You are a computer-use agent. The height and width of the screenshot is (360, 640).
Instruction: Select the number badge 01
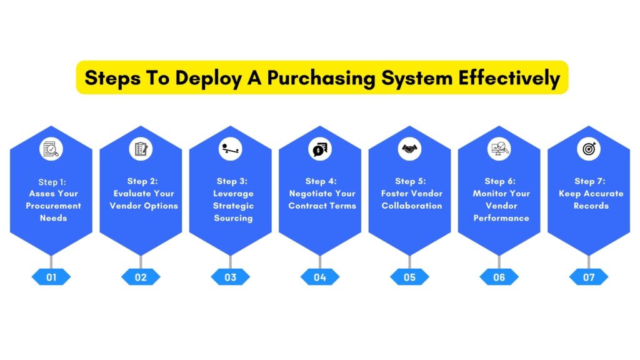51,277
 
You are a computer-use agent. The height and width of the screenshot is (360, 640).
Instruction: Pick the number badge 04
320,277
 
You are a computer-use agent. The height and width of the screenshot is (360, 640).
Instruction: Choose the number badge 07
589,277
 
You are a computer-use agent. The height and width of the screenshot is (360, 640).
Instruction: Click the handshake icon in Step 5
409,149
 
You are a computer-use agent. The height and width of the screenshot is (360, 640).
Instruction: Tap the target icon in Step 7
589,149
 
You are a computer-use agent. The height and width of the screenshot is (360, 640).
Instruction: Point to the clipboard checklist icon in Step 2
141,149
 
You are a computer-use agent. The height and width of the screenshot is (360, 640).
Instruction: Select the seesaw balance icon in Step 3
230,149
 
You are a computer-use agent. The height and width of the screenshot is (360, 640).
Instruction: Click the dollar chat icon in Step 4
320,149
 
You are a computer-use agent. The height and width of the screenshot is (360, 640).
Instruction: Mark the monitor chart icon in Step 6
499,149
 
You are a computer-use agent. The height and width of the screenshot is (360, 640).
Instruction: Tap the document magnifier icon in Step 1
51,149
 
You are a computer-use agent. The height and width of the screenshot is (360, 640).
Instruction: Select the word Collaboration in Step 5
411,206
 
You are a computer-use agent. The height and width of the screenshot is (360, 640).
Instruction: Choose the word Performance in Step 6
501,218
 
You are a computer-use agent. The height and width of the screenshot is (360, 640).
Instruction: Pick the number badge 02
141,277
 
